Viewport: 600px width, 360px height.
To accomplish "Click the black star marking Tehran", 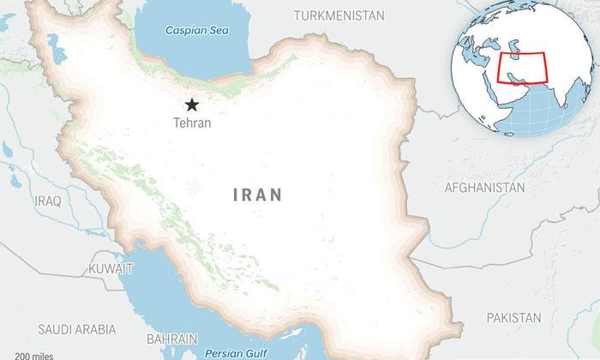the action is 192,105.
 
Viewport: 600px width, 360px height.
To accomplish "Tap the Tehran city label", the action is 192,123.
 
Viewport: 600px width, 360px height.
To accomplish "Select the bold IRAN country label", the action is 257,195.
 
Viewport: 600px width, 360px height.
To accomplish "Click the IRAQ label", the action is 48,200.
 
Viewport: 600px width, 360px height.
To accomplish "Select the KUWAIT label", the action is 111,269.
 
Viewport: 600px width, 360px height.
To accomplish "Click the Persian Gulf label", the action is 236,352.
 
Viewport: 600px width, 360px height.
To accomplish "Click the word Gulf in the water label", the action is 255,352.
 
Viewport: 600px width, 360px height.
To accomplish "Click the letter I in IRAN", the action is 236,195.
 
